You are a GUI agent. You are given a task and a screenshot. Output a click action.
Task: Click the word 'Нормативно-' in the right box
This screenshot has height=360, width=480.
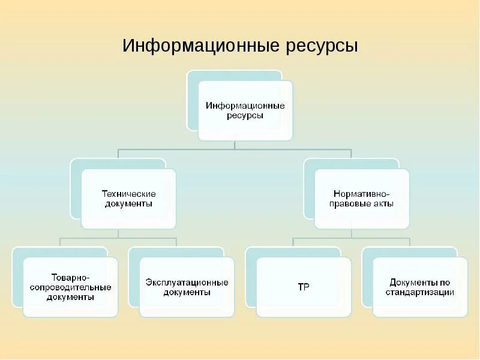[362, 194]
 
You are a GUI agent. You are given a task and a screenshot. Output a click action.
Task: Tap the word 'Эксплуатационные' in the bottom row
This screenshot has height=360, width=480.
[187, 282]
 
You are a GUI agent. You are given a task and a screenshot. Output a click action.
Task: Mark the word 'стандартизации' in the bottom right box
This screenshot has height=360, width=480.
[420, 292]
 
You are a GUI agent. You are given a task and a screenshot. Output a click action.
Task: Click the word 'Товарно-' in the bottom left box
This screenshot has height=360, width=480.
[70, 277]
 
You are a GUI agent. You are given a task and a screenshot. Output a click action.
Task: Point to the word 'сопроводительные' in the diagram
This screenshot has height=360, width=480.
[70, 287]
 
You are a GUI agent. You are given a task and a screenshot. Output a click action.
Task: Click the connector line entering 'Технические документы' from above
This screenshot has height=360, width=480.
[118, 153]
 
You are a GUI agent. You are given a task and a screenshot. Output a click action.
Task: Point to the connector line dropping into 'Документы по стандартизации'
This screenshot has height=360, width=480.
[410, 242]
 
